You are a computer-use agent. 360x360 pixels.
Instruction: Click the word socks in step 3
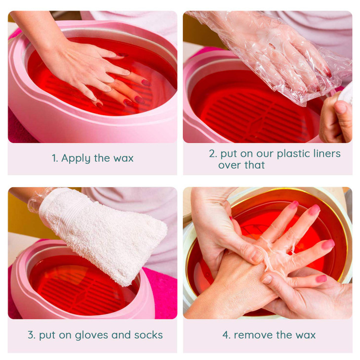[x=148, y=335]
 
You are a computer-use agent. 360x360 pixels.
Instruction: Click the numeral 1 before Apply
[x=54, y=159]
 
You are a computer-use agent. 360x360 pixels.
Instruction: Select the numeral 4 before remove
[x=226, y=335]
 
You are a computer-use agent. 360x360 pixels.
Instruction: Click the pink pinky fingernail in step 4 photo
[x=321, y=279]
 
